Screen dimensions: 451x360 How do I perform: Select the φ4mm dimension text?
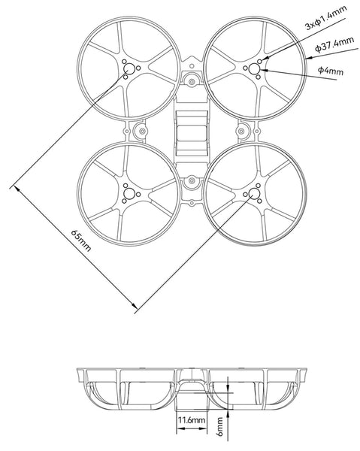pyautogui.click(x=331, y=72)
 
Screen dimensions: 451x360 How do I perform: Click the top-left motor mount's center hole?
pyautogui.click(x=129, y=69)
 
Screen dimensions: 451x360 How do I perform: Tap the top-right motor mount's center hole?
pyautogui.click(x=253, y=69)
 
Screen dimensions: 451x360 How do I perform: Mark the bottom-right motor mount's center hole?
pyautogui.click(x=253, y=195)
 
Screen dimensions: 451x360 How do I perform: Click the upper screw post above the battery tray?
pyautogui.click(x=192, y=79)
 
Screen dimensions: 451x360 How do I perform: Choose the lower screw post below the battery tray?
pyautogui.click(x=192, y=180)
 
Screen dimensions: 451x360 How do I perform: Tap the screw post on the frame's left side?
pyautogui.click(x=141, y=131)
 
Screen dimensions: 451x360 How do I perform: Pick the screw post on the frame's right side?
pyautogui.click(x=242, y=131)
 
